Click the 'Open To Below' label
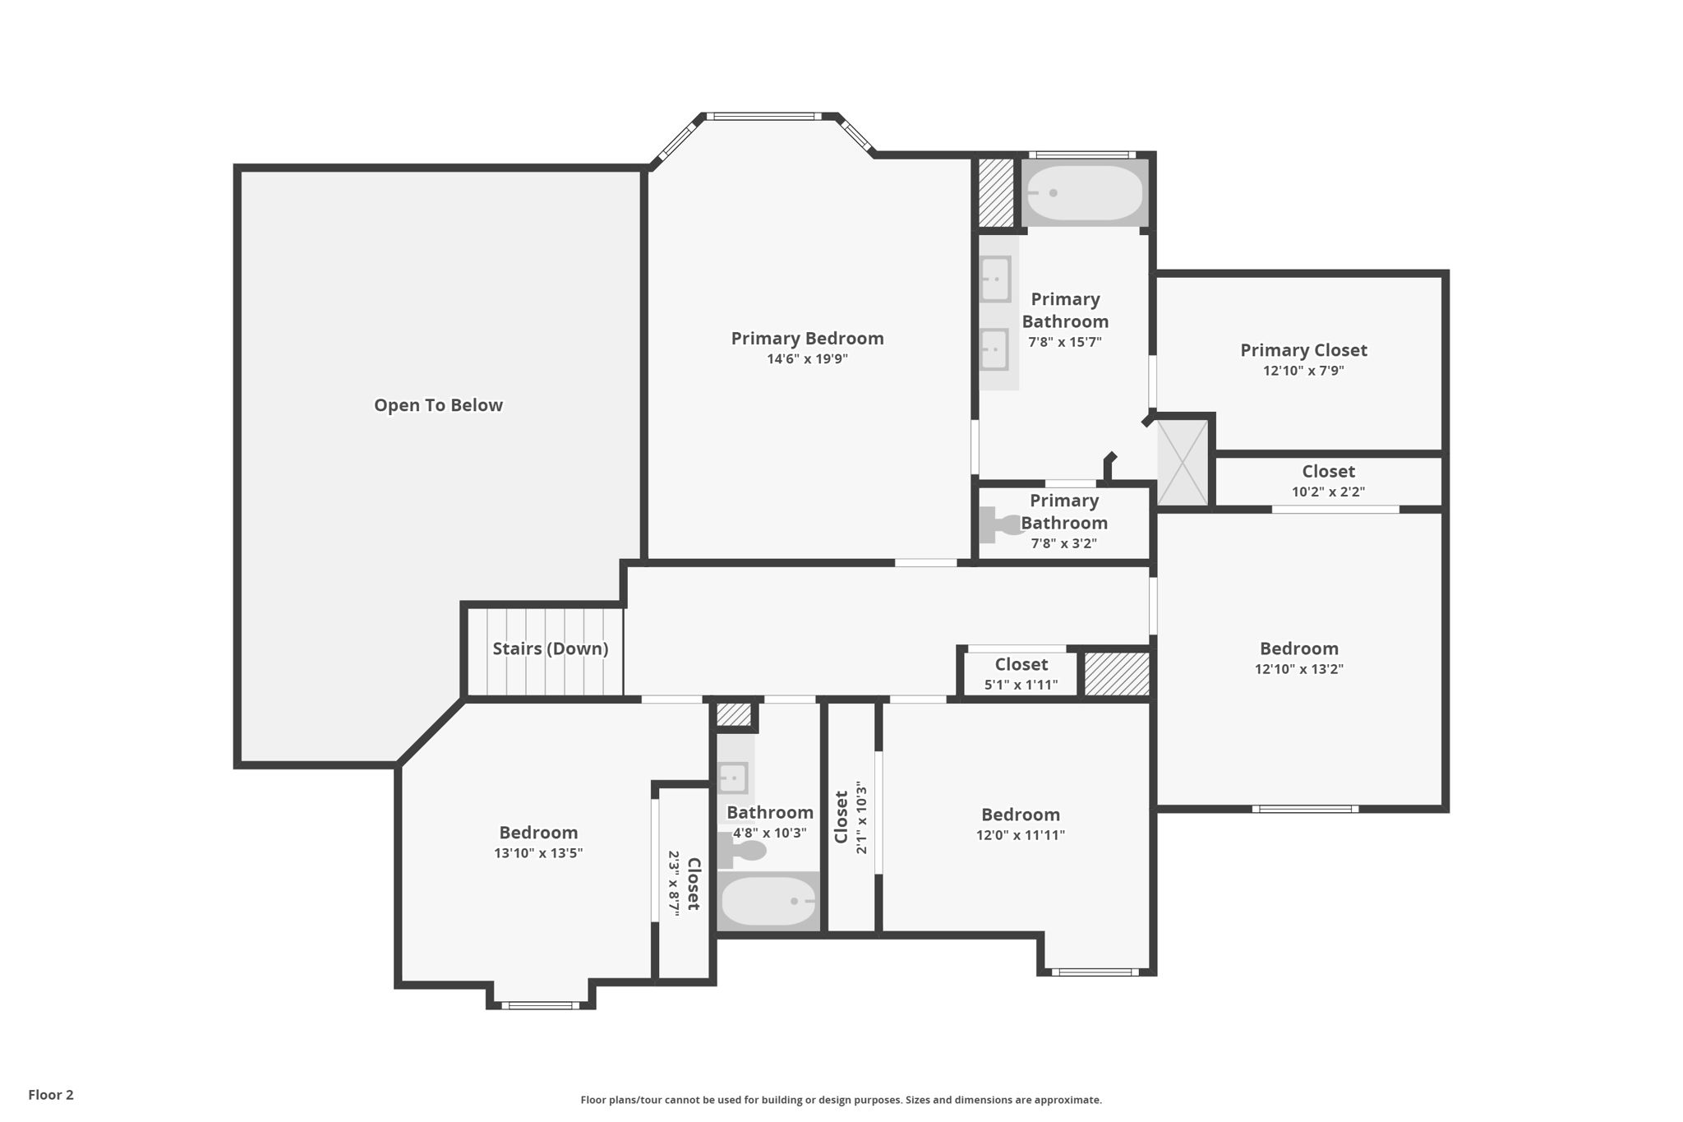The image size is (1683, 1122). (438, 405)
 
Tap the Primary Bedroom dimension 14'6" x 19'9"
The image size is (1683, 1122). (807, 359)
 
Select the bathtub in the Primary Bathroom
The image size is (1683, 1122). (1084, 193)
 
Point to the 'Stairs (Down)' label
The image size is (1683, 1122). (550, 649)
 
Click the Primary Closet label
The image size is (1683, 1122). (1303, 350)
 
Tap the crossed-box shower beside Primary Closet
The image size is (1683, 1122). (1183, 462)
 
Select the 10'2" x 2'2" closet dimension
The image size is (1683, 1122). (1328, 492)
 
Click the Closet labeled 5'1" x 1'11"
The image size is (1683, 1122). (1021, 664)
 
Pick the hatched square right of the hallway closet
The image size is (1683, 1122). (1117, 674)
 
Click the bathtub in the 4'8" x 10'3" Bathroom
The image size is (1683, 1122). (768, 901)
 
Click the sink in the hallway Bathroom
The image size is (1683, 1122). (733, 777)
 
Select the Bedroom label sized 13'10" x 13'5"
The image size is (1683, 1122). (538, 833)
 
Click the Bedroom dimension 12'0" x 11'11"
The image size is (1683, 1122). (1020, 836)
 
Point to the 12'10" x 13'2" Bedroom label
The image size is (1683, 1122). (1298, 649)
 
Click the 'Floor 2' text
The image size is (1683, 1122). (51, 1095)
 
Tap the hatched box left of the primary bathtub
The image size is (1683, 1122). (996, 193)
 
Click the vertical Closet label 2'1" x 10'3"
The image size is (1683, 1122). (841, 817)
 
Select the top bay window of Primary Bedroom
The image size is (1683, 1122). (763, 117)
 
